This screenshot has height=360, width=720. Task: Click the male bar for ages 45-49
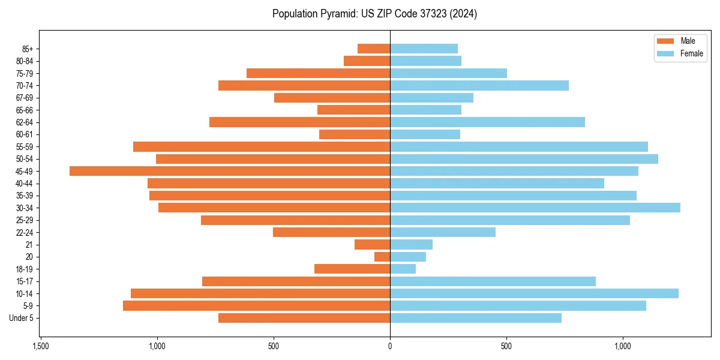click(230, 171)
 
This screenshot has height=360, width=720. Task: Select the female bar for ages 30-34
click(535, 208)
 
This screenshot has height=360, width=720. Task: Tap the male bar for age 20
click(382, 257)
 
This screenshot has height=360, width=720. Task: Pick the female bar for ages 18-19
click(403, 269)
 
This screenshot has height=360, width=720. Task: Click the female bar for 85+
click(424, 49)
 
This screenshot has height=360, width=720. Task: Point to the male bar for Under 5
click(304, 318)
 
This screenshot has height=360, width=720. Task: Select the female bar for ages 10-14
click(534, 293)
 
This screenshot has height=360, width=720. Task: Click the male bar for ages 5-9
click(256, 305)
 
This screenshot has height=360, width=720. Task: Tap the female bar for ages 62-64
click(487, 122)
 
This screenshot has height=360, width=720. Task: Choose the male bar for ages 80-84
click(367, 61)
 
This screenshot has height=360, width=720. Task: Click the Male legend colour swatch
click(665, 41)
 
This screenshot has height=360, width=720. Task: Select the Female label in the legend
click(691, 53)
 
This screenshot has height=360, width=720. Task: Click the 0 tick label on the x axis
click(390, 347)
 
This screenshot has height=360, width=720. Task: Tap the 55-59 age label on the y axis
click(25, 147)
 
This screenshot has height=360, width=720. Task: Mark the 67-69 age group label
click(25, 98)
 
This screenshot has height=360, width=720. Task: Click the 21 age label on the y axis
click(29, 245)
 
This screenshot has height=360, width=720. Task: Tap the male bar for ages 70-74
click(304, 85)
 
